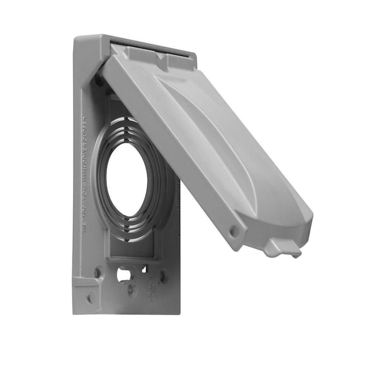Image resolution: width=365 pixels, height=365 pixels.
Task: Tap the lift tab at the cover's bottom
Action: pos(280,247)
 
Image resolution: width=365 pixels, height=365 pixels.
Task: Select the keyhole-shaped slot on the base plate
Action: pos(124,274)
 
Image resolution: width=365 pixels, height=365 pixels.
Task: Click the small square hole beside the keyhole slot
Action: pos(144,269)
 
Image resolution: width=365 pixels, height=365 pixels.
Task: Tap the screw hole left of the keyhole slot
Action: pos(98,273)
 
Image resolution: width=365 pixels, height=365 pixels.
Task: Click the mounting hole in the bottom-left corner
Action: pos(91,299)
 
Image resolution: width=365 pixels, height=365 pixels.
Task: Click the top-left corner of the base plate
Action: pos(77,40)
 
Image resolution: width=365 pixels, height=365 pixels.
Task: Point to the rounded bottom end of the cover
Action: pos(292,225)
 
